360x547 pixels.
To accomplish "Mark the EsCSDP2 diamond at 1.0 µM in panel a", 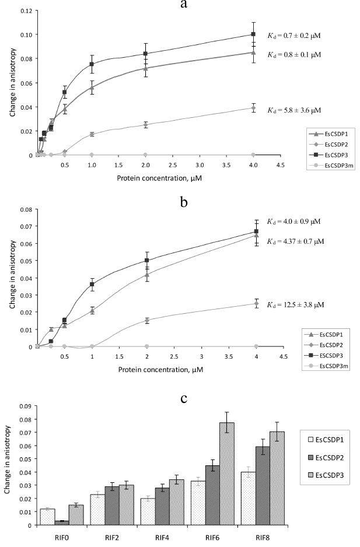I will pyautogui.click(x=92, y=134).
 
